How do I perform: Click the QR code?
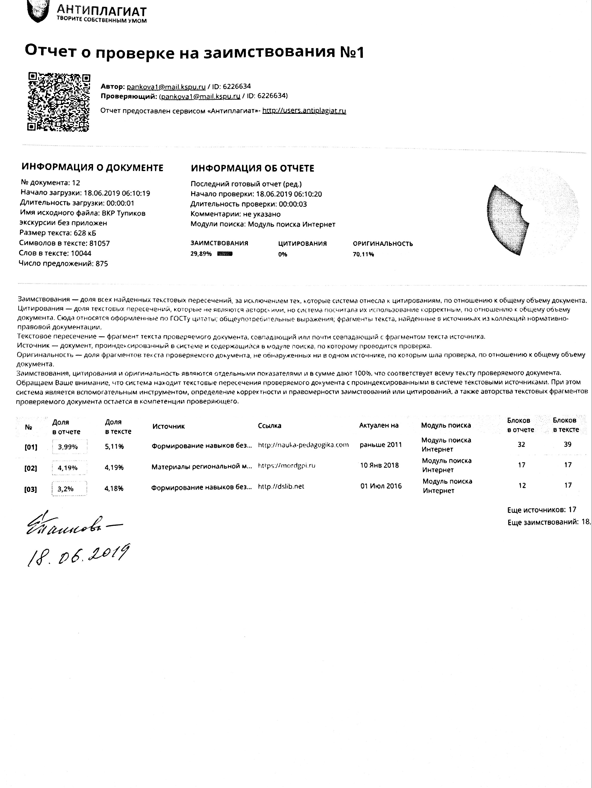[x=59, y=102]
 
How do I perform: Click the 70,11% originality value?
[x=363, y=254]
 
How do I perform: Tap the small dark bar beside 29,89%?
[x=225, y=254]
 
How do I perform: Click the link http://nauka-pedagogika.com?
[x=303, y=445]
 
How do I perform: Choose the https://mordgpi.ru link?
[x=286, y=465]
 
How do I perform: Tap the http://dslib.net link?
[x=281, y=486]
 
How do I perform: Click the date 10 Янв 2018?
[x=379, y=465]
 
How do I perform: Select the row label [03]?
[x=31, y=489]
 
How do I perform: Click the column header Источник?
[x=168, y=426]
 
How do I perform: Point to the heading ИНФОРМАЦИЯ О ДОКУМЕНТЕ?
[x=92, y=168]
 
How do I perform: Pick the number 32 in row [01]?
[x=521, y=444]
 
